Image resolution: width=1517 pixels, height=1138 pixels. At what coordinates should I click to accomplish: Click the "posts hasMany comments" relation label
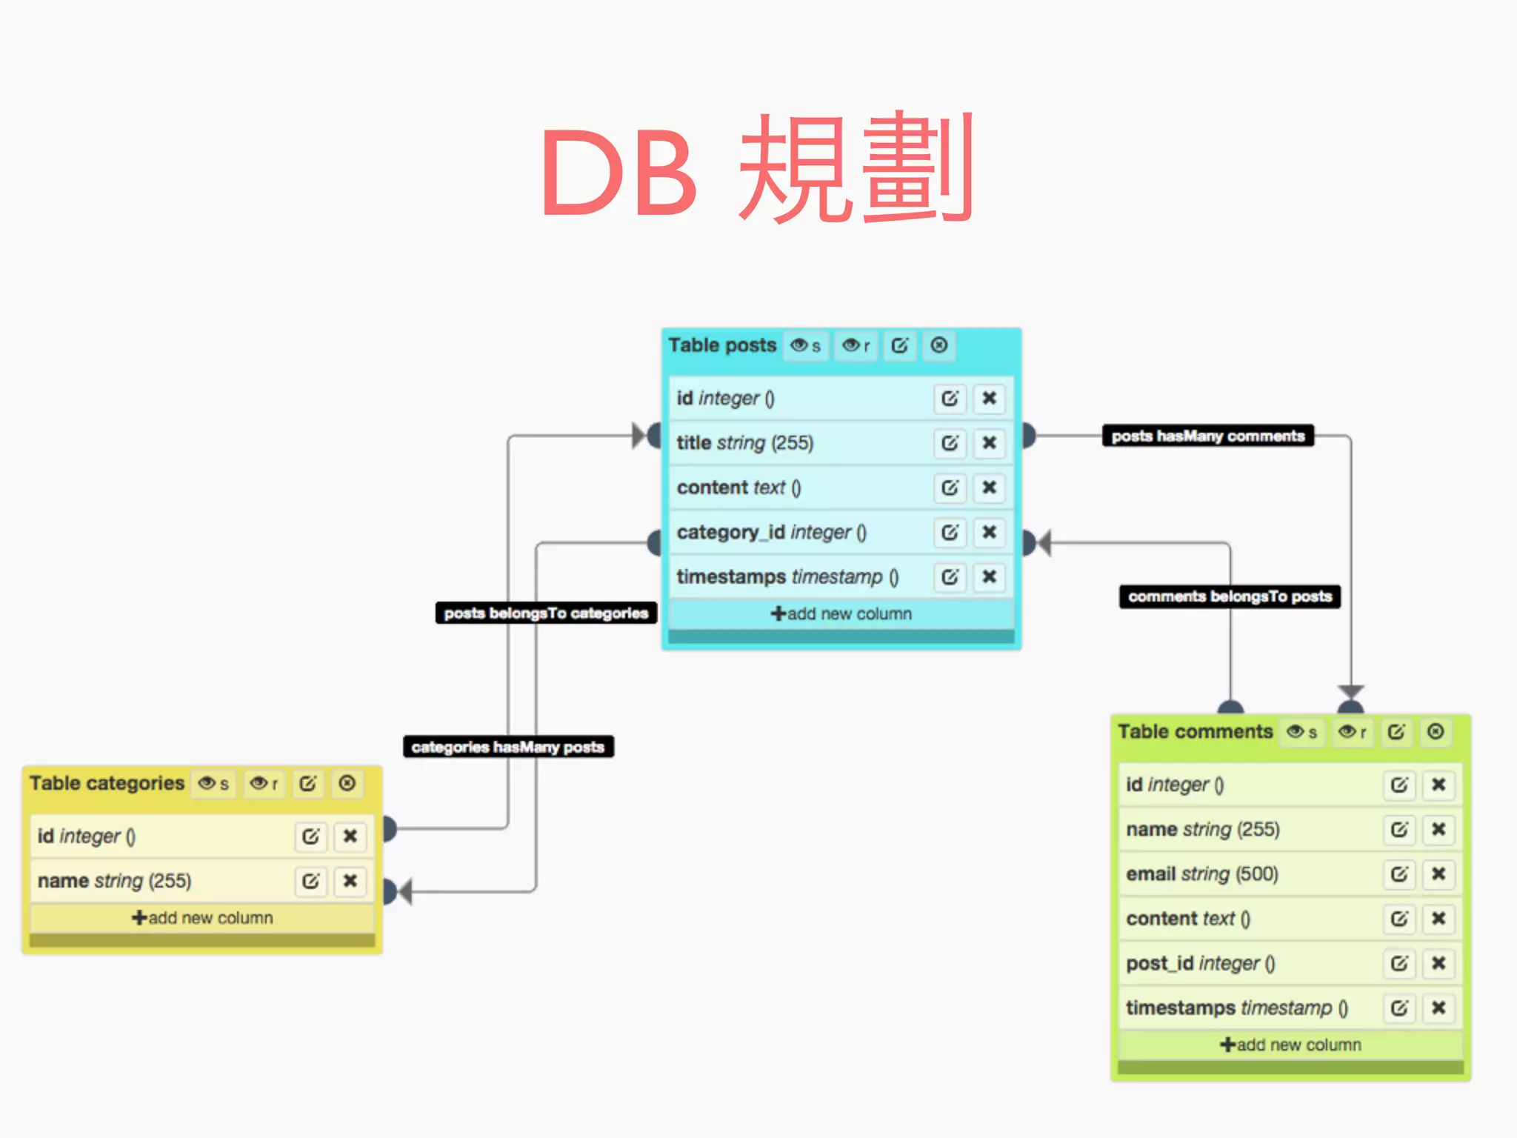coord(1207,436)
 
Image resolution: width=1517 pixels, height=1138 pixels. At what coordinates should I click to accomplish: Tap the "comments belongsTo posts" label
coord(1230,596)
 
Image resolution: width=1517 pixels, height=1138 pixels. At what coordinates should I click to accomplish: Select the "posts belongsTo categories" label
coord(546,613)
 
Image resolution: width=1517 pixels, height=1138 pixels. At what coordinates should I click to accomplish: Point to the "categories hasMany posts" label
coord(508,747)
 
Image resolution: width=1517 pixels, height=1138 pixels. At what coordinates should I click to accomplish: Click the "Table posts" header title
coord(722,345)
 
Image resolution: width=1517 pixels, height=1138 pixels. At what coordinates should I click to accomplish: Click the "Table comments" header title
coord(1195,732)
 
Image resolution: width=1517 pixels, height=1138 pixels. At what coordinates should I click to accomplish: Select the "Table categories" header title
coord(107,783)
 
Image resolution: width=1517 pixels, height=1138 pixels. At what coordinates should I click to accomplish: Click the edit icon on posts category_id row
coord(950,532)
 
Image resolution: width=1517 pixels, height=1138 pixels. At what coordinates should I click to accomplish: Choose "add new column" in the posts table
coord(841,613)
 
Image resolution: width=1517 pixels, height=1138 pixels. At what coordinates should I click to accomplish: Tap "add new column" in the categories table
coord(202,918)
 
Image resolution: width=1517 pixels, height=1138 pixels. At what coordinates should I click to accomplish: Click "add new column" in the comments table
coord(1290,1045)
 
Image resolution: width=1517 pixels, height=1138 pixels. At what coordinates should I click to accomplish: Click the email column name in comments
coord(1151,874)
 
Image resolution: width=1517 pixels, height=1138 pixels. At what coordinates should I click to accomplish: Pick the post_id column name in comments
coord(1159,963)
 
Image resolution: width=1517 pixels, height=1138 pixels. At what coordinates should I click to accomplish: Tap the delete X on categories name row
coord(350,880)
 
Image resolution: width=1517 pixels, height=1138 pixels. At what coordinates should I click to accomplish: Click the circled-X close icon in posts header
coord(938,345)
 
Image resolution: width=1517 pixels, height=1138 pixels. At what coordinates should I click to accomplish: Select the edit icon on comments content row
coord(1398,919)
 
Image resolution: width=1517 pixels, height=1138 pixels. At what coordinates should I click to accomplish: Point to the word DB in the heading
coord(619,173)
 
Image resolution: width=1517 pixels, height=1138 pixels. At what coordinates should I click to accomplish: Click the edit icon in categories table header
coord(307,783)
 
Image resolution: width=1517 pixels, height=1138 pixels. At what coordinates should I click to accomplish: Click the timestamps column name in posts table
coord(731,576)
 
